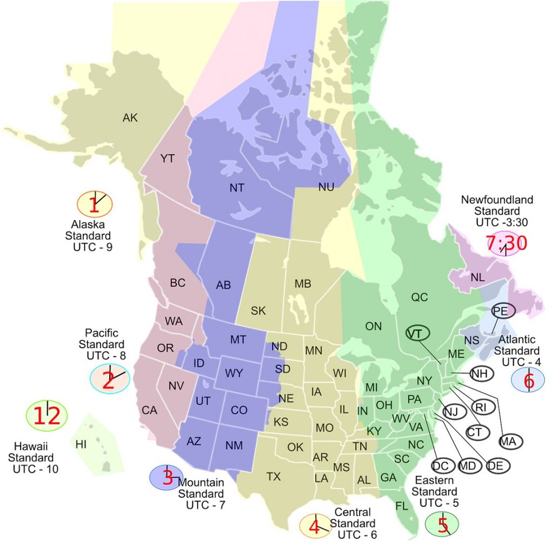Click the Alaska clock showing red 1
[95, 204]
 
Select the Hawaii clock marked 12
[47, 415]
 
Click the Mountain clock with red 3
[167, 477]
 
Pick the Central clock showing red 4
[315, 525]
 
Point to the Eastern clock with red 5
[442, 524]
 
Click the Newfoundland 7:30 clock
[506, 243]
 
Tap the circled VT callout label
[415, 333]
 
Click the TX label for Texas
[274, 476]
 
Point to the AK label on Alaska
[130, 118]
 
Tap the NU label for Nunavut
[326, 187]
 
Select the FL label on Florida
[401, 506]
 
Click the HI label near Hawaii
[81, 444]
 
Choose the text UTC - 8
[106, 355]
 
